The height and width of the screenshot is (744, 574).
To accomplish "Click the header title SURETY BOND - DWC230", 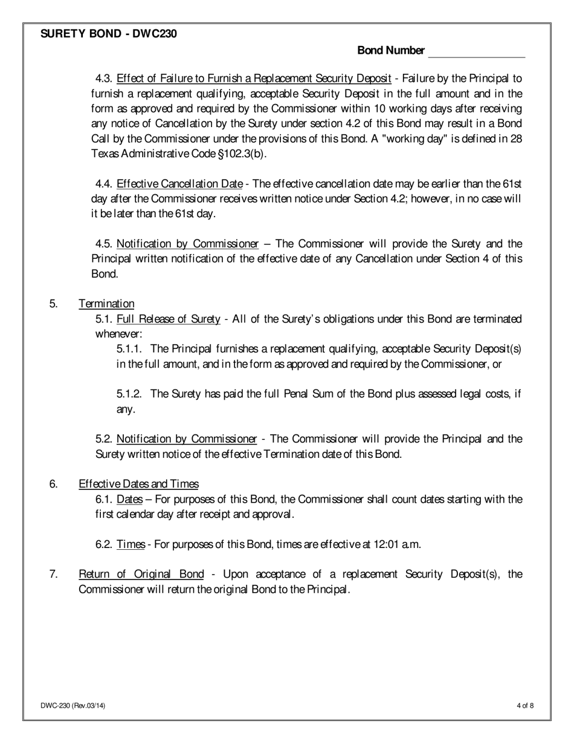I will point(109,34).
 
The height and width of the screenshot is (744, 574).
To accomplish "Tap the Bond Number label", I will point(391,51).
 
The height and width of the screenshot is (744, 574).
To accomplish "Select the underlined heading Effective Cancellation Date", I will point(179,184).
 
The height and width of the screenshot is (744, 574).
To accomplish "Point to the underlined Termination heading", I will point(106,304).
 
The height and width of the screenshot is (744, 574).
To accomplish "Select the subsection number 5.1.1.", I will point(129,349).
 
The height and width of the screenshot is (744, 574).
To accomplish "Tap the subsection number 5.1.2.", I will point(129,394).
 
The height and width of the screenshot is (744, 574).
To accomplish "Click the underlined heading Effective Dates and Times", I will point(138,484).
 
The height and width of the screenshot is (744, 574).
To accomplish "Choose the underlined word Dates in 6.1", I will point(129,499).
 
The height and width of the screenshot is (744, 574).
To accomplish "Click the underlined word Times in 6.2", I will point(131,544).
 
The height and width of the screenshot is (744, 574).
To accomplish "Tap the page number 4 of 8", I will point(525,705).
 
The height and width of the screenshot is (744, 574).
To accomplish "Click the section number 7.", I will point(53,574).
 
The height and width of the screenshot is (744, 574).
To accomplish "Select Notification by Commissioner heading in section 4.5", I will point(187,244).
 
